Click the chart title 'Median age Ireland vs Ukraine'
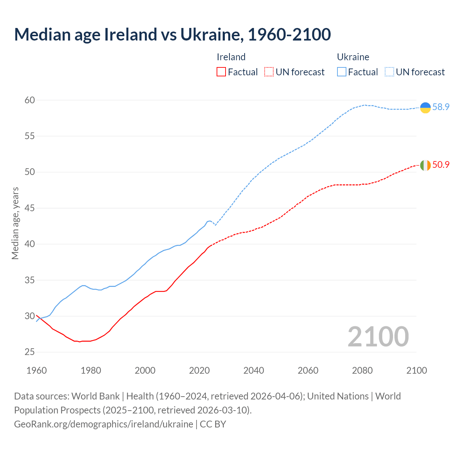172,34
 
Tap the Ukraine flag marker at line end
425,108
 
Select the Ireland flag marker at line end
425,165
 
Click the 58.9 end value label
441,107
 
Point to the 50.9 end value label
441,165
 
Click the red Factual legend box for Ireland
221,72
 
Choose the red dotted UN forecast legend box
269,72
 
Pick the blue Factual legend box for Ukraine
342,72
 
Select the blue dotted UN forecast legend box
389,72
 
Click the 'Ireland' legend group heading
231,57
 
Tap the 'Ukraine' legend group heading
353,57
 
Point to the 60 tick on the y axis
30,100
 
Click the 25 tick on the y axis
30,352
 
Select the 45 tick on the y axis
30,208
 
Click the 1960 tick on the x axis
37,370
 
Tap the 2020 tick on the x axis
199,370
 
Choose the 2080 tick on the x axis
362,370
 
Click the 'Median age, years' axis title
15,223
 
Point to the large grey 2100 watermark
378,337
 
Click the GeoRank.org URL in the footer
104,424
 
